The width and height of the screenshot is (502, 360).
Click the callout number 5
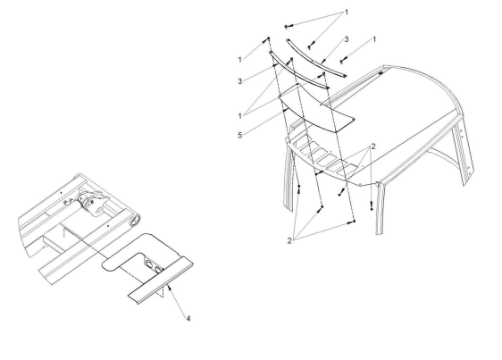[x=240, y=135]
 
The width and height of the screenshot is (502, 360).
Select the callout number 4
[x=188, y=319]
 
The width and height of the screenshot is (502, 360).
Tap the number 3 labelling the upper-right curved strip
[x=347, y=39]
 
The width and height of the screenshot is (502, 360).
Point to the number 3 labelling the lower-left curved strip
[x=240, y=81]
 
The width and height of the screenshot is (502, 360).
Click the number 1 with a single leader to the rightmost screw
[x=374, y=39]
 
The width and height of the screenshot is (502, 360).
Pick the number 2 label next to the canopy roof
[x=373, y=147]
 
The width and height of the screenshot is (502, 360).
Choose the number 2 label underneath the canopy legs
[x=289, y=241]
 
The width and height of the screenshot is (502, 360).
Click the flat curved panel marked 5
[x=317, y=109]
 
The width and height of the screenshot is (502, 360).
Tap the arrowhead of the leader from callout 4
[x=169, y=287]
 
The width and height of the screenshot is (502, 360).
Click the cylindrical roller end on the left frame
[x=136, y=221]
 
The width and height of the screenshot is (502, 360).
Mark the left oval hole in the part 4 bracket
[x=148, y=264]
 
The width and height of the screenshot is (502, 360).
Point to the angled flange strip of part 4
[x=161, y=280]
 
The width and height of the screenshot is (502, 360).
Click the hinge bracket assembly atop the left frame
[x=90, y=203]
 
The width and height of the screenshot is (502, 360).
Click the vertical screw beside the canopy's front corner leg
[x=372, y=205]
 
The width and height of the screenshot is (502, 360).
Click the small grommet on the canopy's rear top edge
[x=381, y=73]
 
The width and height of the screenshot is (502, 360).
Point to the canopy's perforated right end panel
[x=463, y=151]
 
